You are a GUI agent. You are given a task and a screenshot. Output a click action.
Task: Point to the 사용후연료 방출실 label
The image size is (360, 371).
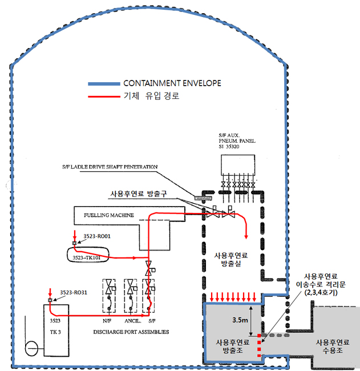(x=232, y=260)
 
